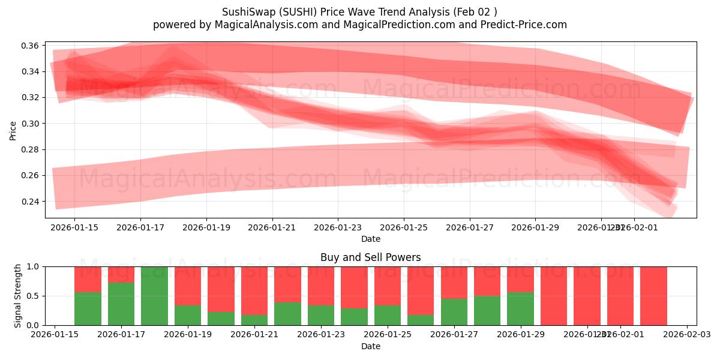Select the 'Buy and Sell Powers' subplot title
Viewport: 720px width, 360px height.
point(370,257)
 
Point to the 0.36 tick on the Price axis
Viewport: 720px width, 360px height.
point(31,46)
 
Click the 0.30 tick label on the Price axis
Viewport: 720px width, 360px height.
point(31,124)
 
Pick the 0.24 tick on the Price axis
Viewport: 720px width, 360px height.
point(31,202)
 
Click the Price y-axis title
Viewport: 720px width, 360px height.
point(13,130)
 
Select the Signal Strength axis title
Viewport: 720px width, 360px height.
point(18,296)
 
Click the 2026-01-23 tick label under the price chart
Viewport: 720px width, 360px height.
point(338,228)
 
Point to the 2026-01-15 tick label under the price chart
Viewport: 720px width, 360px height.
point(74,228)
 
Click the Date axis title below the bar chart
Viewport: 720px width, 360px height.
point(370,346)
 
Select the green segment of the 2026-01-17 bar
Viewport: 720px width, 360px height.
point(121,304)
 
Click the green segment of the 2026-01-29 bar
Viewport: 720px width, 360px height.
point(520,308)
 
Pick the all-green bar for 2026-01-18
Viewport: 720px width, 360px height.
point(154,296)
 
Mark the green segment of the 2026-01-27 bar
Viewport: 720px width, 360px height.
point(454,312)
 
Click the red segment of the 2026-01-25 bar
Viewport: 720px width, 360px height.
point(388,286)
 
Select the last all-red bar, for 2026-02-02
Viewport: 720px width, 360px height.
point(653,296)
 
